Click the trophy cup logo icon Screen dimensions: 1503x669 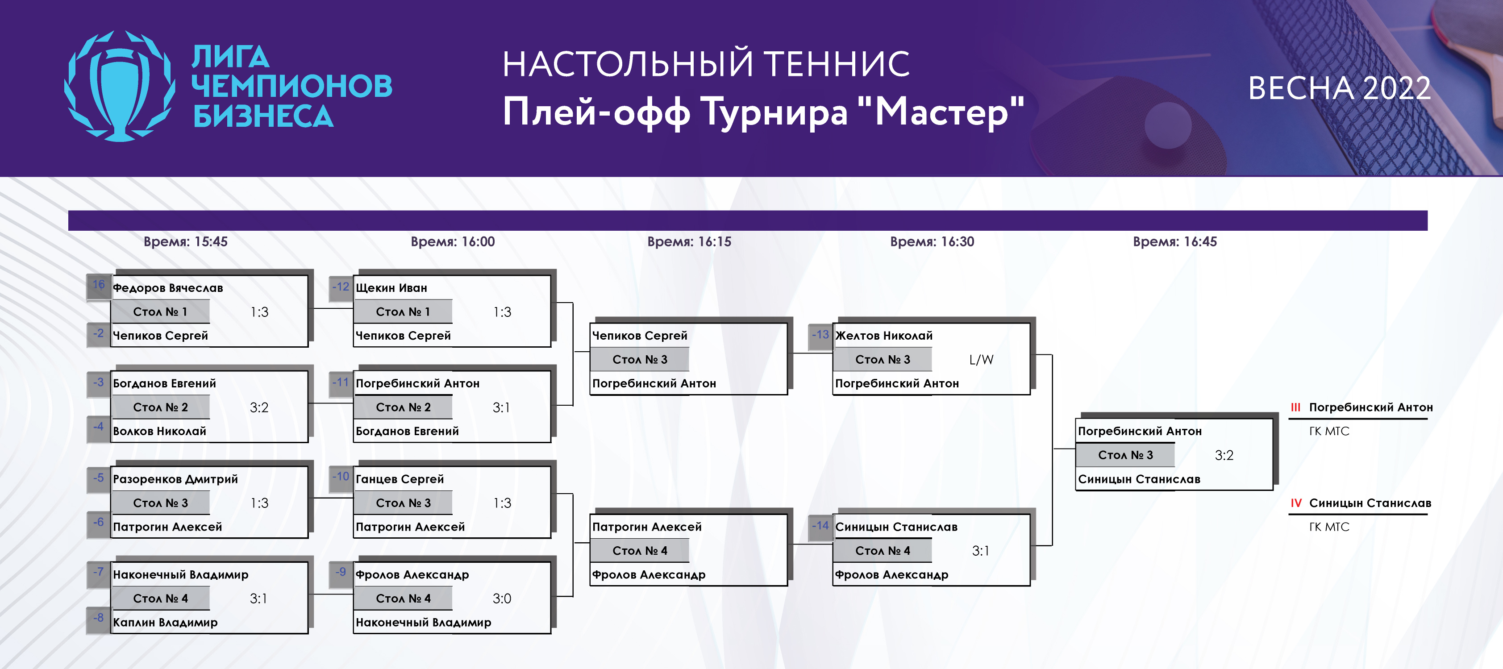point(120,86)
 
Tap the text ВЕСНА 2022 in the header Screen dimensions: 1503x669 point(1339,89)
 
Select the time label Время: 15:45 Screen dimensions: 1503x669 point(186,241)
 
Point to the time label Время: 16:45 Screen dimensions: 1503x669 point(1174,241)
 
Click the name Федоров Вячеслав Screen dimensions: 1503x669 point(168,287)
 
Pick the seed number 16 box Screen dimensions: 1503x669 point(99,285)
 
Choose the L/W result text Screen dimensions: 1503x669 point(981,359)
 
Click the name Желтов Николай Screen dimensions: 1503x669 point(884,335)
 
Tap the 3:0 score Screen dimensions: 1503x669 point(502,598)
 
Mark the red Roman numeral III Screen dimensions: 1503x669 point(1295,407)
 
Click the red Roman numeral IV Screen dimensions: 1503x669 point(1296,503)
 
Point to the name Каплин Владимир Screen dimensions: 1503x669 point(165,622)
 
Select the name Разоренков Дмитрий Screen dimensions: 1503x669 point(175,479)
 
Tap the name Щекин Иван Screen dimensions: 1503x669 point(391,287)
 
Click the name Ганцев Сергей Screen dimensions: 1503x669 point(400,479)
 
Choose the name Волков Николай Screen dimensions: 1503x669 point(160,431)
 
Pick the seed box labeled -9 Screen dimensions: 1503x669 point(341,573)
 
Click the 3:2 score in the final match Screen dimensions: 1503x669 point(1224,455)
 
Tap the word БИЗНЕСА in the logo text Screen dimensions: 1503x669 point(263,116)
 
